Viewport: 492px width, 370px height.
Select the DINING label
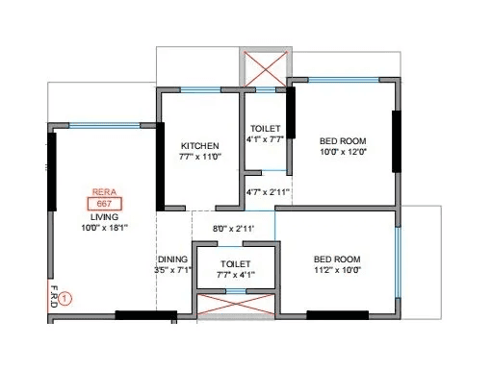point(173,259)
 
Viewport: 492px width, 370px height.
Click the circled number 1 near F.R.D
point(65,299)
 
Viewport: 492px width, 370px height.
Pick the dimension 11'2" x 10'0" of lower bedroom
point(338,271)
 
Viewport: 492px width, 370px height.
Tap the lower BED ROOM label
point(338,259)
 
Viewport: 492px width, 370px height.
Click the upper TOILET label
point(265,127)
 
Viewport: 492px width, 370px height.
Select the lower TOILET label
point(235,262)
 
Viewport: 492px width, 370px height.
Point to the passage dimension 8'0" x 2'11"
point(233,228)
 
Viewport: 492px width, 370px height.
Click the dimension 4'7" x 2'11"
point(269,193)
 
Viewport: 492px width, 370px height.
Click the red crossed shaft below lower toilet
point(235,308)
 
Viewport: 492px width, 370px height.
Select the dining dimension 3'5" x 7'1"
point(173,271)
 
